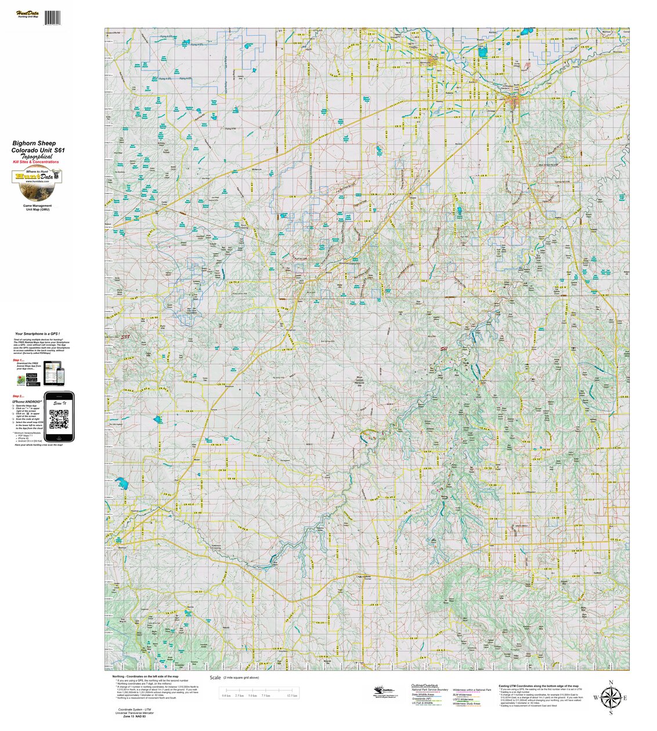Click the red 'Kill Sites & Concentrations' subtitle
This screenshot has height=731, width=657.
pos(35,162)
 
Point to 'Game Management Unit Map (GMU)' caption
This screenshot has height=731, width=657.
pos(37,207)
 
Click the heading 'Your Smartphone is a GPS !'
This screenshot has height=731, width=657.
pos(38,334)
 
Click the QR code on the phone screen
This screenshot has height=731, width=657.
pos(59,419)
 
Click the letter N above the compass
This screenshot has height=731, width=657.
pos(611,683)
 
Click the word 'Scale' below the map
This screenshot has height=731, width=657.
pos(215,678)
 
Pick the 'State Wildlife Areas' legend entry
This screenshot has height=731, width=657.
pos(423,694)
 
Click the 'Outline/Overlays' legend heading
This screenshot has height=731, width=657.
pos(424,686)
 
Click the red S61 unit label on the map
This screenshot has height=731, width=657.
pos(445,349)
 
